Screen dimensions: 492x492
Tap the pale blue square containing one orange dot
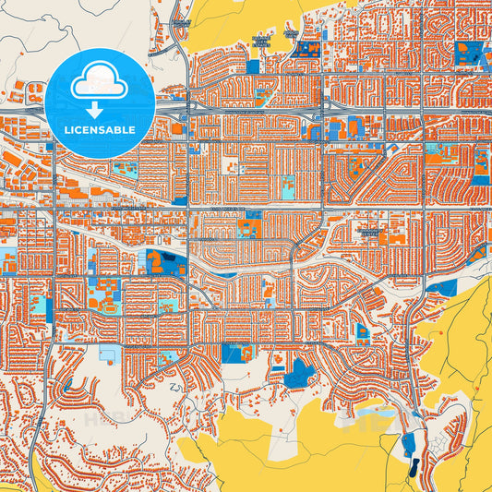pos(111,354)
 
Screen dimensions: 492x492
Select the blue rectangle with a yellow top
pos(253,66)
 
